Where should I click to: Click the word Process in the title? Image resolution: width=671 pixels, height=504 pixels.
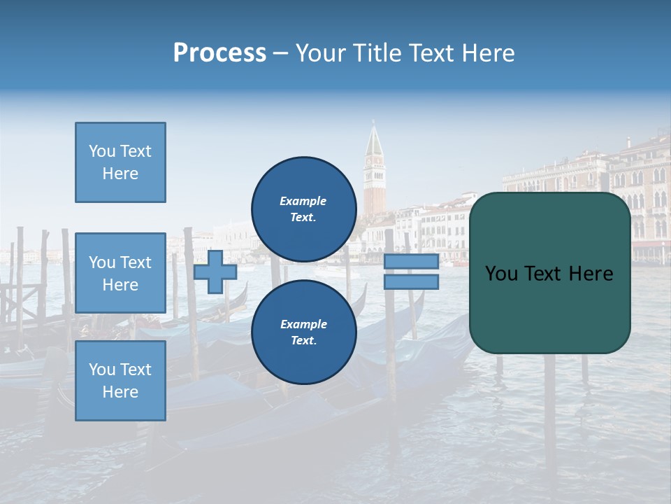(x=219, y=53)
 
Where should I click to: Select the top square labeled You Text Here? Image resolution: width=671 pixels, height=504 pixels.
(x=120, y=162)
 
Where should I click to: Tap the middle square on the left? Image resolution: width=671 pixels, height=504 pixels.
(x=120, y=273)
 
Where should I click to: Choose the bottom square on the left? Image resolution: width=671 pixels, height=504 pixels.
(x=120, y=381)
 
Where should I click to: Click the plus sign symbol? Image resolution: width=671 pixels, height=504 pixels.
(x=215, y=272)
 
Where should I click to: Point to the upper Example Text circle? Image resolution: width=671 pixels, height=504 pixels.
(x=303, y=209)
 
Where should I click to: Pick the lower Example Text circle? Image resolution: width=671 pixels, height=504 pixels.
(x=303, y=332)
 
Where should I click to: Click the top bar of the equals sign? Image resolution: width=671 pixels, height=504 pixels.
(x=411, y=262)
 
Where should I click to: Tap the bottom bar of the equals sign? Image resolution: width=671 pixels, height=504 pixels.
(x=411, y=282)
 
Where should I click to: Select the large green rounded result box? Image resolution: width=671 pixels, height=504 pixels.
(x=549, y=308)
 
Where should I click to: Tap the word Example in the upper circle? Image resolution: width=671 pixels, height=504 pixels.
(x=303, y=201)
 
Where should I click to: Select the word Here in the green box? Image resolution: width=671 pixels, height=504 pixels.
(x=591, y=274)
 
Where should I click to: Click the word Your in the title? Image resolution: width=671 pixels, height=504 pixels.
(x=321, y=53)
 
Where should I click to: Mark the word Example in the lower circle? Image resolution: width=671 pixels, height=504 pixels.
(x=303, y=324)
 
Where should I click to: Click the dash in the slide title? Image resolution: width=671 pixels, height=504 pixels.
(x=280, y=54)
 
